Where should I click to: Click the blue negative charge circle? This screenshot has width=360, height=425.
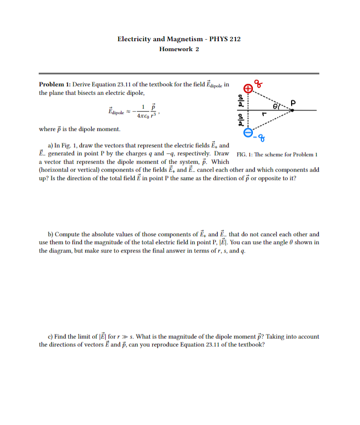coord(247,132)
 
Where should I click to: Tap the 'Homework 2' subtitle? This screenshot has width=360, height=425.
coord(179,49)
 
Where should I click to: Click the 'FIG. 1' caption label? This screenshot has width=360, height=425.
coord(246,154)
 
